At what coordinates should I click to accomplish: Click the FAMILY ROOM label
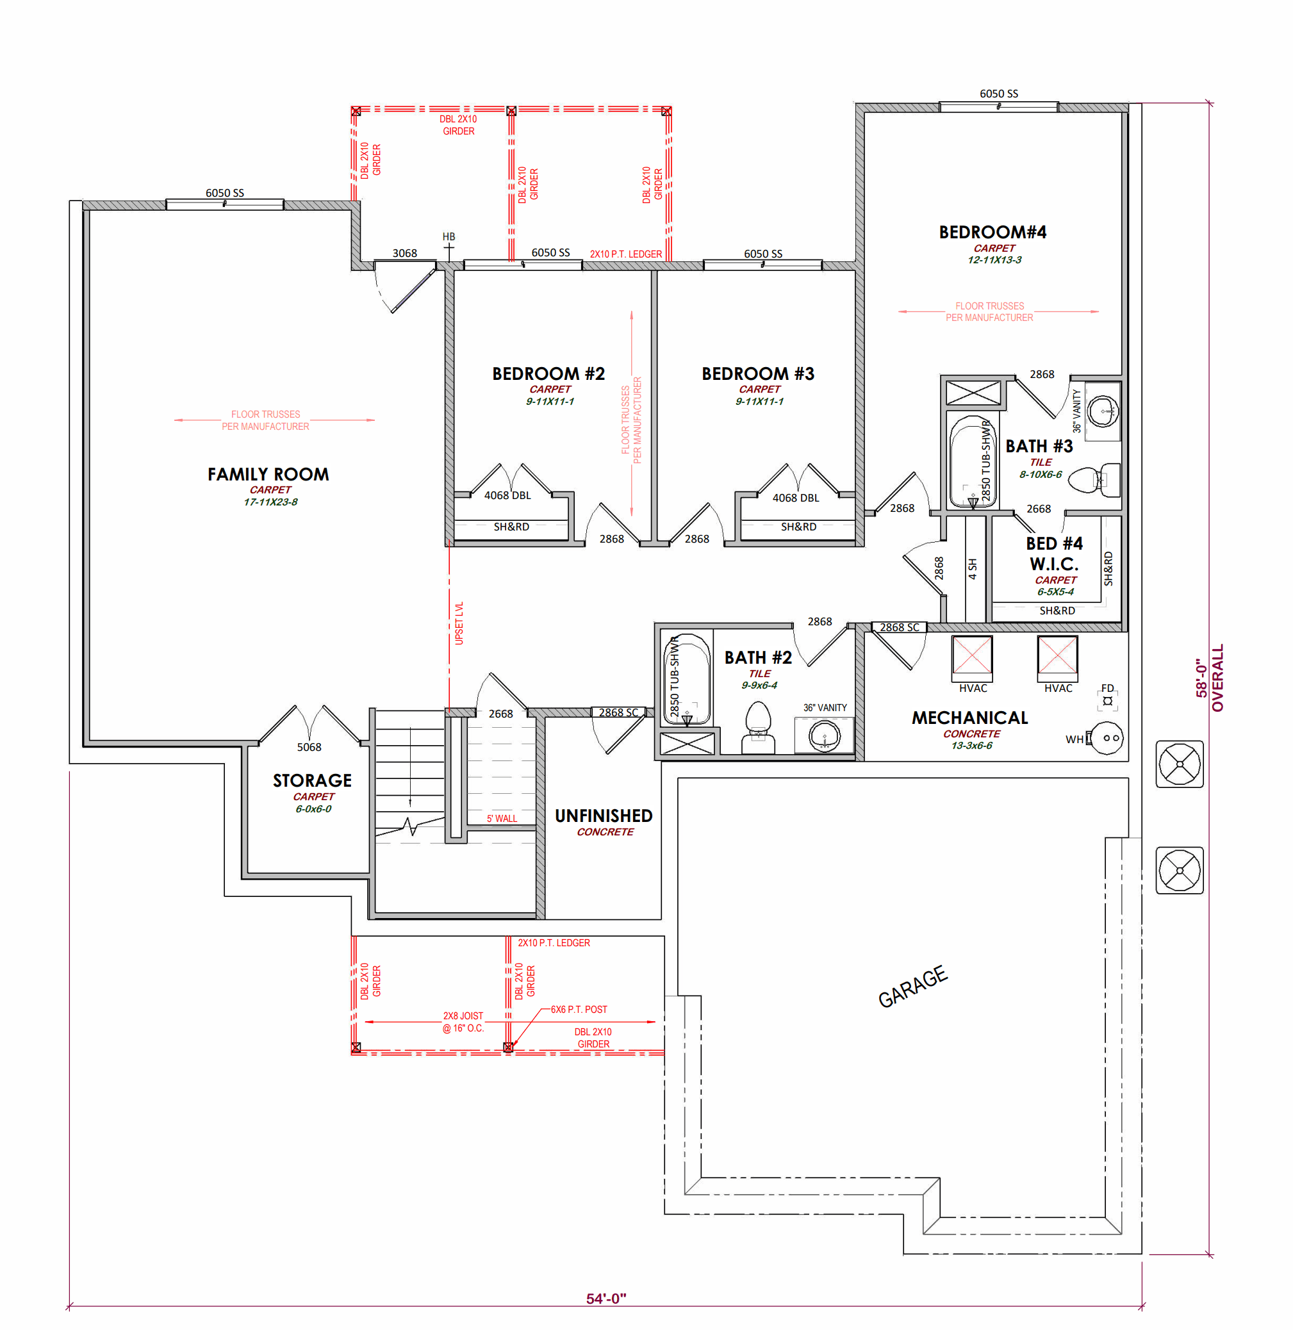click(x=268, y=474)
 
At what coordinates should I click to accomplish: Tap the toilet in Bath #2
click(x=758, y=728)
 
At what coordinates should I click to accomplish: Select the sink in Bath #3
click(x=1102, y=410)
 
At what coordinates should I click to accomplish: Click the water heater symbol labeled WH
click(x=1105, y=738)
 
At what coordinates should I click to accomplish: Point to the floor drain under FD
click(x=1108, y=701)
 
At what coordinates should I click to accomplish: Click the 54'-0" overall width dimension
click(x=605, y=1298)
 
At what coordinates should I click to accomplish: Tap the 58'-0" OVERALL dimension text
click(x=1210, y=678)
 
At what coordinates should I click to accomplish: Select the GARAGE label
click(x=912, y=987)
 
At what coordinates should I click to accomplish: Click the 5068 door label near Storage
click(x=309, y=747)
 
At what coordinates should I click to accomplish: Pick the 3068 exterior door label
click(x=405, y=253)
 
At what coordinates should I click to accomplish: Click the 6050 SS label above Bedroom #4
click(x=998, y=94)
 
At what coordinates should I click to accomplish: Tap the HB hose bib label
click(x=449, y=236)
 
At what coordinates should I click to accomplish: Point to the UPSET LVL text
click(x=459, y=623)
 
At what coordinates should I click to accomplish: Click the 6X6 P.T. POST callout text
click(x=579, y=1010)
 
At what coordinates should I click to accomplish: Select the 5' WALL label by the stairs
click(x=502, y=819)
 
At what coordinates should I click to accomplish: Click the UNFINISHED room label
click(x=604, y=816)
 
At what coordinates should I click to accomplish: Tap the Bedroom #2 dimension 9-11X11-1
click(x=550, y=401)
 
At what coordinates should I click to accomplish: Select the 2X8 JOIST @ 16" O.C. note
click(x=463, y=1022)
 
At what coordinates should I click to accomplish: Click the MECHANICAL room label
click(x=970, y=718)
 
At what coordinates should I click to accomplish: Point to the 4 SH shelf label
click(x=973, y=569)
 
